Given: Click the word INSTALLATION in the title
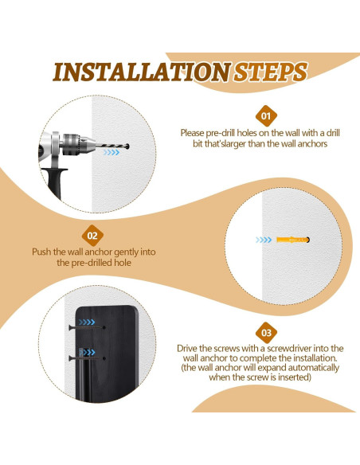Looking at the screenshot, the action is pyautogui.click(x=142, y=72).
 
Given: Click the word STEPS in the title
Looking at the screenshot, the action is pyautogui.click(x=270, y=72).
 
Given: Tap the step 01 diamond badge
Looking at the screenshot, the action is pyautogui.click(x=266, y=116).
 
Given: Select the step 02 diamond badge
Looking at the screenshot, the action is pyautogui.click(x=92, y=236).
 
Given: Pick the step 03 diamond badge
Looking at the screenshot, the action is pyautogui.click(x=266, y=333).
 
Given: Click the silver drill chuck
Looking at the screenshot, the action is pyautogui.click(x=78, y=144).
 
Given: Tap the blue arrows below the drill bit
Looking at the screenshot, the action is pyautogui.click(x=112, y=152).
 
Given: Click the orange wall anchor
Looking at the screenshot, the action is pyautogui.click(x=293, y=240).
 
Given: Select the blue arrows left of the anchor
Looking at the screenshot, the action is pyautogui.click(x=264, y=240).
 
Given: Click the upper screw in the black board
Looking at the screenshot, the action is pyautogui.click(x=87, y=328).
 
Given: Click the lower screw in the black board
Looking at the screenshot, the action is pyautogui.click(x=87, y=358).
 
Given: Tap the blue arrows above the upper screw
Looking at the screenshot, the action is pyautogui.click(x=87, y=322).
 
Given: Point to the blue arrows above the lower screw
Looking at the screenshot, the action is pyautogui.click(x=87, y=352).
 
